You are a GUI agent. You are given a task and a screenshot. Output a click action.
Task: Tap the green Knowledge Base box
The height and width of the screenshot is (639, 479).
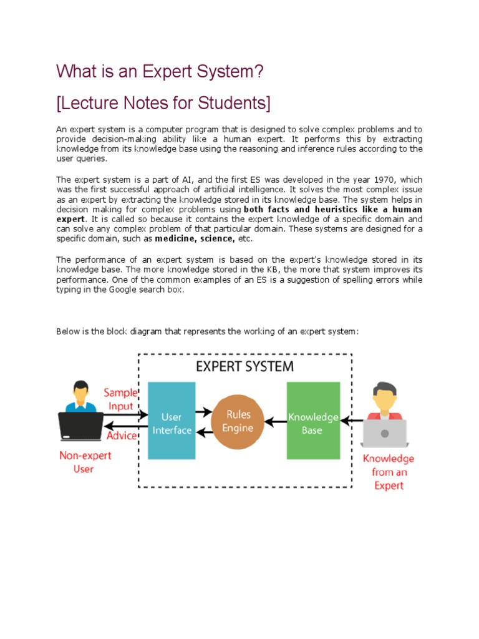coord(312,421)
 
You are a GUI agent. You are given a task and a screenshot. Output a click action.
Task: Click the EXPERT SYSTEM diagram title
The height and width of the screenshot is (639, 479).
coord(244,366)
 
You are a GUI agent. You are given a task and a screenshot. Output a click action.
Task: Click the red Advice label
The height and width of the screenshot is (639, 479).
coord(122,435)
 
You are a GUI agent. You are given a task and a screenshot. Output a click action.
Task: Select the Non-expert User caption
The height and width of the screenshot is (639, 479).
coord(85,462)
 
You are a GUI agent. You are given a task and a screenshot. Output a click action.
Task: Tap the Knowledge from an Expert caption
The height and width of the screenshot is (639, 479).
coord(389,472)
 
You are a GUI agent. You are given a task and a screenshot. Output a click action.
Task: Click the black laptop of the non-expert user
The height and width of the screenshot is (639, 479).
coord(81,426)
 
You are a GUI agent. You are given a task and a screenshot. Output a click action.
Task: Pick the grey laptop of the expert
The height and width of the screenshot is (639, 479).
coord(384,432)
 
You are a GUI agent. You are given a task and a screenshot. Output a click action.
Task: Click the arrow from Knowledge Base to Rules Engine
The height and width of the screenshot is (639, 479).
coord(274,421)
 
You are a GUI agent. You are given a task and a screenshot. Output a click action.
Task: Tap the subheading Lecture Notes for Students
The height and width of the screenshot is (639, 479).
coord(163,102)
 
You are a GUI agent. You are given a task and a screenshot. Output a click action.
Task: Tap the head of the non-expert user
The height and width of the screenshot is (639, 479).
coord(80,393)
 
